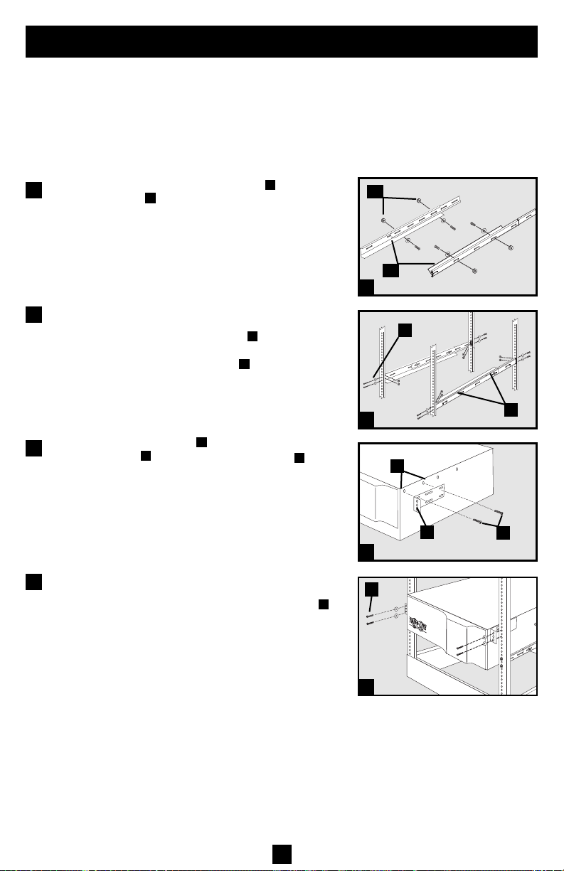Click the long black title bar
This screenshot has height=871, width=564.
(x=282, y=42)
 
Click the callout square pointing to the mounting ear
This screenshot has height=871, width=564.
(x=428, y=533)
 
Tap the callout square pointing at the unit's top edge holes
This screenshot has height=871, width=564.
(x=395, y=466)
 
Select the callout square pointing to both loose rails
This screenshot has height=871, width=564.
(x=390, y=270)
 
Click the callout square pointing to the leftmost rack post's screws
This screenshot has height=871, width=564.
(x=404, y=330)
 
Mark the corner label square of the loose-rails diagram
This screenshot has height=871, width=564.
(x=366, y=287)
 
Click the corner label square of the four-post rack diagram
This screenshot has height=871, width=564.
(x=366, y=421)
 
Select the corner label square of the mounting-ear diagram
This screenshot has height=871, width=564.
(x=366, y=553)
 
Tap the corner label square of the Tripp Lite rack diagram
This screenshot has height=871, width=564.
(x=366, y=687)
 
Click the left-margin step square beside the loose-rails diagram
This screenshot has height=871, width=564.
(x=32, y=189)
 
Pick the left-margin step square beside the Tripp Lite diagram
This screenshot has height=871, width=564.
(x=32, y=582)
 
